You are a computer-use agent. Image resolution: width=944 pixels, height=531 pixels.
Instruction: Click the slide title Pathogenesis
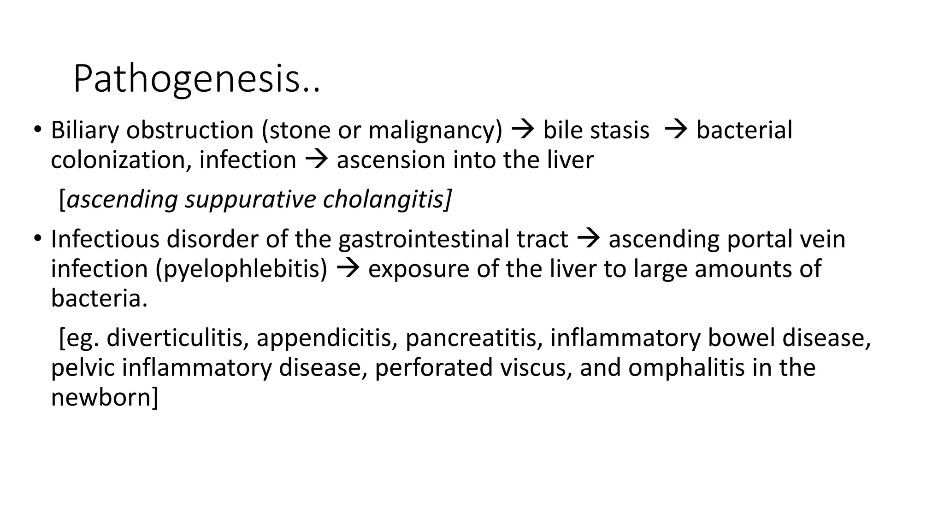[196, 79]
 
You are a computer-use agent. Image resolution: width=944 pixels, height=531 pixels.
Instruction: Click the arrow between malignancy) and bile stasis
[523, 130]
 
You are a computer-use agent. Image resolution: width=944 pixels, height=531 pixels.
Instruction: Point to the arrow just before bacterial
[676, 130]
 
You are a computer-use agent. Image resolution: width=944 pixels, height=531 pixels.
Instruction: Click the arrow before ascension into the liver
[316, 160]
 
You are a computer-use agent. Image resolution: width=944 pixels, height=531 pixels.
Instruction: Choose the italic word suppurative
[250, 199]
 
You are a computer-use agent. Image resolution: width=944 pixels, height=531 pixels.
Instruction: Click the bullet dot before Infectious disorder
[37, 239]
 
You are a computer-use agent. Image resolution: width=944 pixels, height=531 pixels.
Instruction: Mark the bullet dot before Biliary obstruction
[37, 130]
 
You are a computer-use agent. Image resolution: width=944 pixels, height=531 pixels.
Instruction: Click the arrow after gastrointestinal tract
[588, 239]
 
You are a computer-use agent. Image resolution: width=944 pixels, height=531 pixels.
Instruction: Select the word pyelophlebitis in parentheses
[242, 269]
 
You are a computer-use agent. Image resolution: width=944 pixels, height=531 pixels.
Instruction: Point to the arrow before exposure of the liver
[348, 269]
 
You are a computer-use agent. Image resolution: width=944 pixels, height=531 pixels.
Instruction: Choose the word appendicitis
[327, 338]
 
